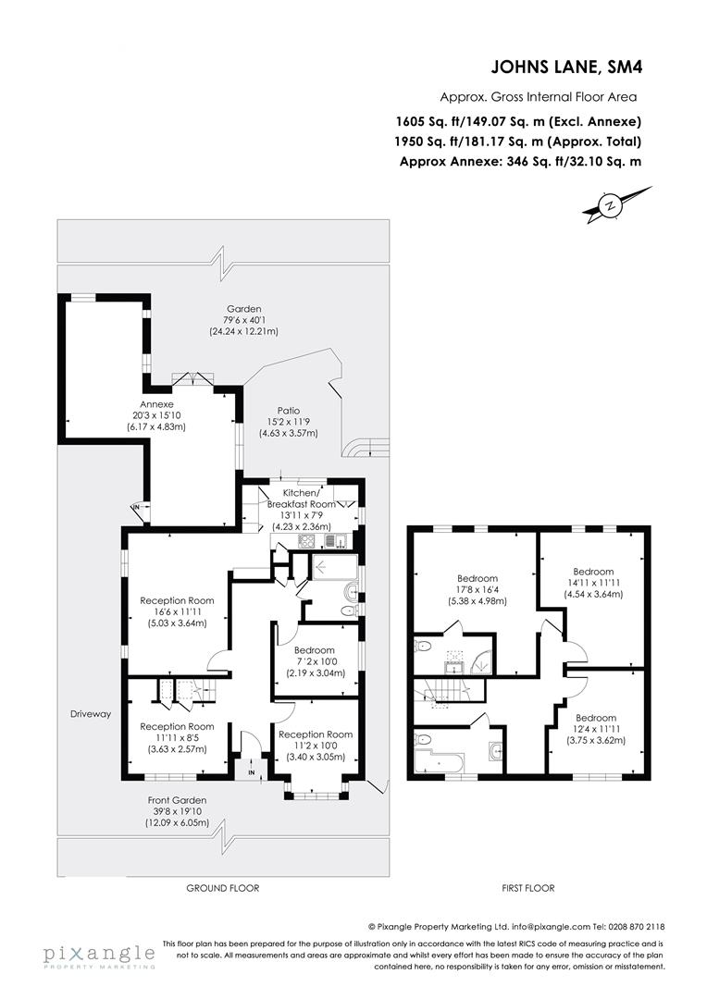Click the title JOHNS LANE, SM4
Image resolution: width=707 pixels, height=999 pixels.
(x=565, y=66)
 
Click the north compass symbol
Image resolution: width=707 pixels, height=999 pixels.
(x=610, y=205)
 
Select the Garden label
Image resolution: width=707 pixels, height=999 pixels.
(x=244, y=309)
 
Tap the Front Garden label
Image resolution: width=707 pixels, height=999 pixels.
(x=177, y=799)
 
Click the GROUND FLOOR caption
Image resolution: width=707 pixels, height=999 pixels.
(x=222, y=888)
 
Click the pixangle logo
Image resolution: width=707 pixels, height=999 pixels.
(x=98, y=955)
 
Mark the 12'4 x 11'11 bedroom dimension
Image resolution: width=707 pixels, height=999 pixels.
(x=595, y=732)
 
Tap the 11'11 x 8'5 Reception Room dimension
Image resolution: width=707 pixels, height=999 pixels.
(x=177, y=738)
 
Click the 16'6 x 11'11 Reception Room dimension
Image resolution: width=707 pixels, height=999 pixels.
(x=177, y=612)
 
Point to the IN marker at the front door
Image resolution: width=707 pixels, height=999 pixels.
(x=251, y=771)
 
